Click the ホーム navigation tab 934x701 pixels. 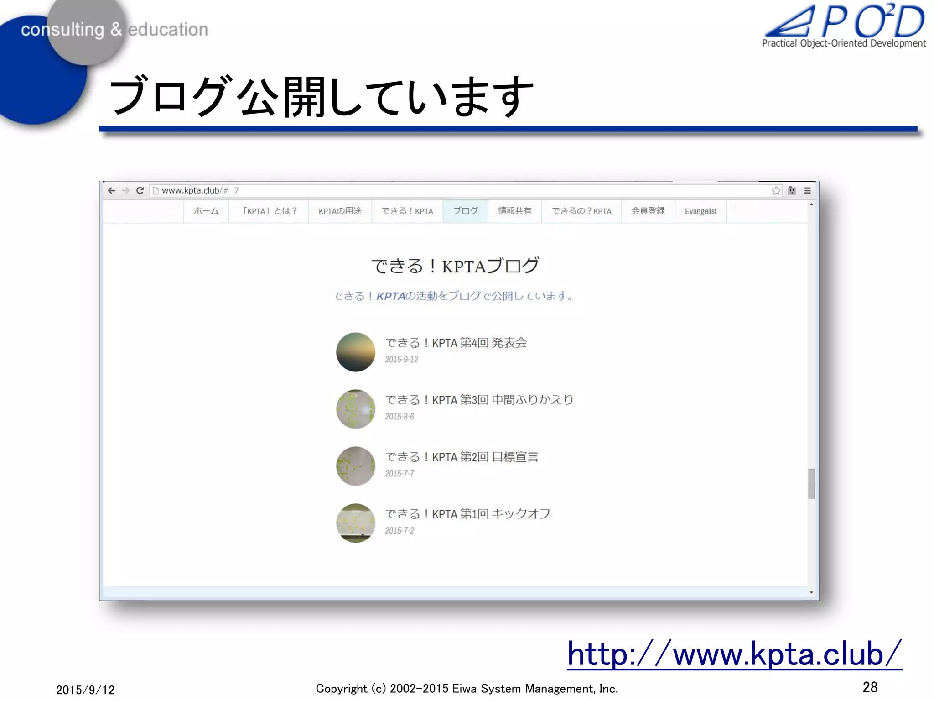coord(206,211)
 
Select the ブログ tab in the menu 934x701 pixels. coord(465,211)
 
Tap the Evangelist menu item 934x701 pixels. coord(700,211)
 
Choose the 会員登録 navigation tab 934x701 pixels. coord(648,211)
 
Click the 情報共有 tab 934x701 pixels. coord(514,211)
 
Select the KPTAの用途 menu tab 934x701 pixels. coord(340,211)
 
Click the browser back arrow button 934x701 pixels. coord(112,190)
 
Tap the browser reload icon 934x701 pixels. coord(140,190)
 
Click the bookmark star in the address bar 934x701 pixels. coord(776,191)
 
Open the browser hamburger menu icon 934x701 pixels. coord(808,191)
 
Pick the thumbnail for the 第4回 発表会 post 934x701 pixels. coord(356,352)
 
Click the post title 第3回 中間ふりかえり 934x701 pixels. coord(479,400)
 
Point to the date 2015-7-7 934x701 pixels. coord(400,474)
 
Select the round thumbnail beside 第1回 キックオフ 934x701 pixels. coord(356,523)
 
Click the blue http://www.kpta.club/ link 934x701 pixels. coord(734,654)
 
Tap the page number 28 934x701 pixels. coord(870,687)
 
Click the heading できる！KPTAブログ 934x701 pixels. coord(455,266)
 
